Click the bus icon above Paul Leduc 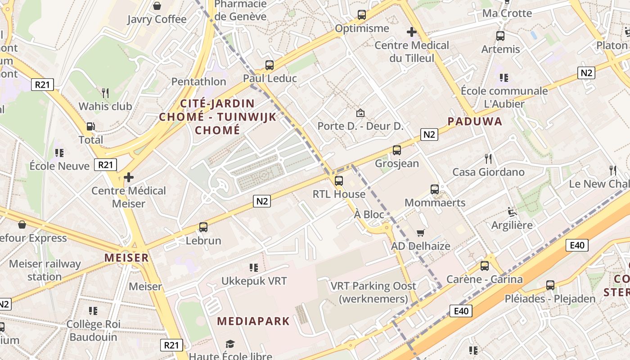point(269,65)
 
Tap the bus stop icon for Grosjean point(396,150)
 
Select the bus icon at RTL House point(339,181)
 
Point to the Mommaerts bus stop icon point(434,189)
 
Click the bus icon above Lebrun point(203,227)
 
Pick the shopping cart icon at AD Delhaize point(420,233)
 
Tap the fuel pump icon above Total point(90,126)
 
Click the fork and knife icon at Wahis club point(105,93)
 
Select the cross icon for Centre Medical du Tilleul point(411,32)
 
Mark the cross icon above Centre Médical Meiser point(129,177)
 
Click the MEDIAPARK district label point(253,321)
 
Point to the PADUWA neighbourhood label point(475,121)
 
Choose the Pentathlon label point(198,81)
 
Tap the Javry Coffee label point(157,19)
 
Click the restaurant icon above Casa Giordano point(488,158)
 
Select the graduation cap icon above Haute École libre point(230,344)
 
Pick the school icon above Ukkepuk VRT point(253,268)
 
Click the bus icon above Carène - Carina point(484,266)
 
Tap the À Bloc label point(369,214)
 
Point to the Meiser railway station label point(45,270)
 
